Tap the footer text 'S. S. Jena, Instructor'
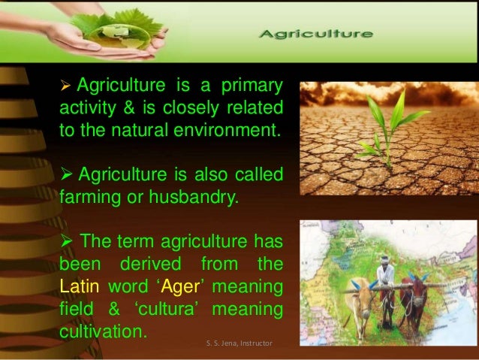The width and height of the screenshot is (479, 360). (239, 343)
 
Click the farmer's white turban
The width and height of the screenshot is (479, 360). (385, 259)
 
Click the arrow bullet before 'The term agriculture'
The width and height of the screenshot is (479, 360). (66, 241)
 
